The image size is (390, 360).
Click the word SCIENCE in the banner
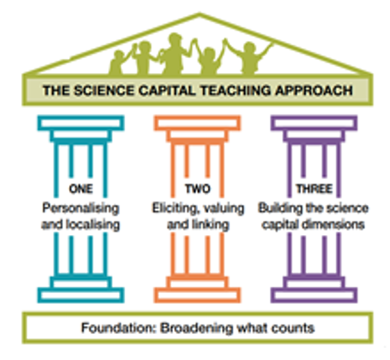coord(104,90)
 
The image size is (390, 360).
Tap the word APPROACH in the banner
coord(314,90)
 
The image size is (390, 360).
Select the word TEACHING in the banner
coord(236,90)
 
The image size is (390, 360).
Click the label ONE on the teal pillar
coord(81,189)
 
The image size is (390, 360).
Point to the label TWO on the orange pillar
coord(198,189)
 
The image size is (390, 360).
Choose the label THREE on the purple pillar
coord(314,189)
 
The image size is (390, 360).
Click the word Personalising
coord(81,208)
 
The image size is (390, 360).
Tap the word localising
coord(93,225)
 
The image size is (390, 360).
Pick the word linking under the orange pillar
coord(210,225)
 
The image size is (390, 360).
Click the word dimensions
coord(333,225)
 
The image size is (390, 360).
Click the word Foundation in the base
coord(119,328)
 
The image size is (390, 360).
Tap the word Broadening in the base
coord(197,329)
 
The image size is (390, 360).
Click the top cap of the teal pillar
coord(81,123)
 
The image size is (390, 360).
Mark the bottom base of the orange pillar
coord(197,295)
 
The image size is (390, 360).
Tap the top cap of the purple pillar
coord(314,123)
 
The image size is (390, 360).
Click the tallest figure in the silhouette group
coord(174,53)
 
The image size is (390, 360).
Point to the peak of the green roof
coord(199,14)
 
